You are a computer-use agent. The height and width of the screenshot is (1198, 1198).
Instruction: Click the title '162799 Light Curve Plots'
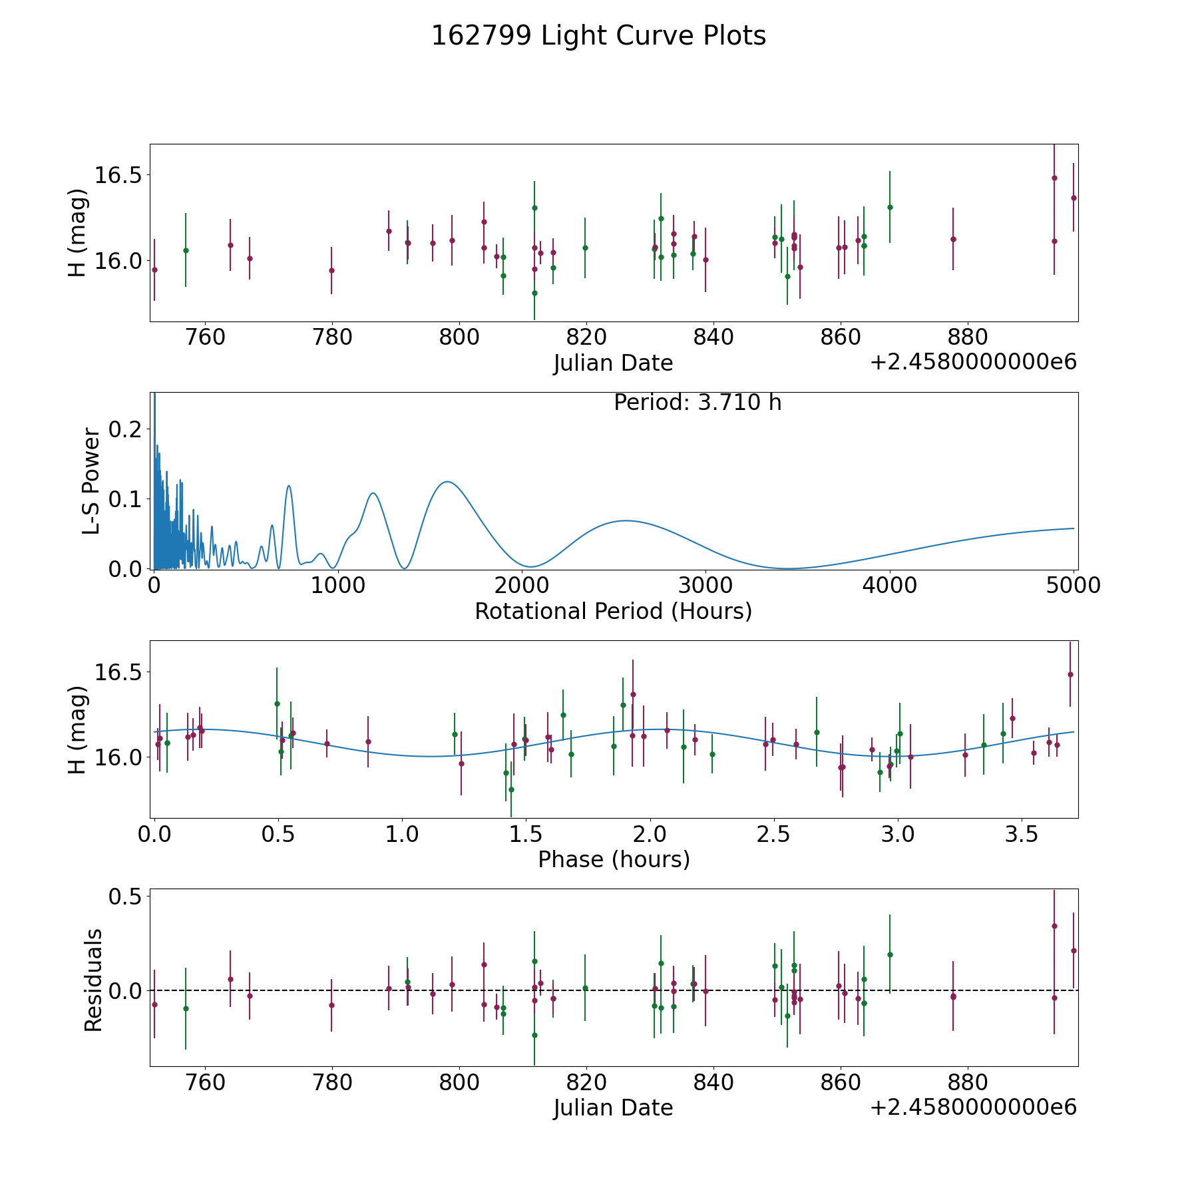pos(598,36)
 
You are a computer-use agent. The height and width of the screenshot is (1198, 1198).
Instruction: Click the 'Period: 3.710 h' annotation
pos(698,403)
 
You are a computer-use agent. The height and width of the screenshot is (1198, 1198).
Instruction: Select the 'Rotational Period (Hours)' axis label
pos(613,611)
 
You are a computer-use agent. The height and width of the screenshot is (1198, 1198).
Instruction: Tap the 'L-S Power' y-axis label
pos(91,481)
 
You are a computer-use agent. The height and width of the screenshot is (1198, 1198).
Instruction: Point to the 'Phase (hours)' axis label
pos(614,860)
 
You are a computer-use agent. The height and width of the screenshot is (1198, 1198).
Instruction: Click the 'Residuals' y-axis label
pos(93,980)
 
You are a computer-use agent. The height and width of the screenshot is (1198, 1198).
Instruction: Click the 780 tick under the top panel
pos(332,337)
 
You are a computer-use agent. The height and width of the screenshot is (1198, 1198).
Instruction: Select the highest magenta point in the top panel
pos(1054,178)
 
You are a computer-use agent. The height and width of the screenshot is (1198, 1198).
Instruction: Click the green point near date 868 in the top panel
pos(890,207)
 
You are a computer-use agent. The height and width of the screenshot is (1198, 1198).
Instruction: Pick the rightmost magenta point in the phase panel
pos(1070,674)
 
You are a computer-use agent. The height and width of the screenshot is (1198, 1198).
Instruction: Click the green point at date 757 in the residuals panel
pos(186,1008)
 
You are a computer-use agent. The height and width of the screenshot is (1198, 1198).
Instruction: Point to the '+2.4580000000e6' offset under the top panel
pos(974,362)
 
